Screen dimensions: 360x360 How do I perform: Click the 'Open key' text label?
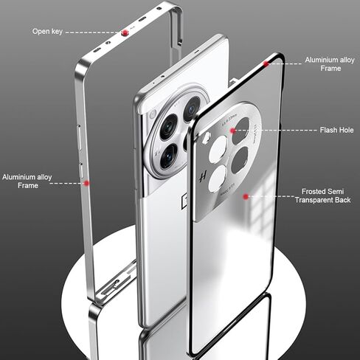(47, 32)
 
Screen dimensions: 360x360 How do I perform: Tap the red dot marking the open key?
(125, 32)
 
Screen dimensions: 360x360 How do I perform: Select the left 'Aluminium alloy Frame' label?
(27, 181)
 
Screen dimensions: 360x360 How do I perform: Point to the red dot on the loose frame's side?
(86, 183)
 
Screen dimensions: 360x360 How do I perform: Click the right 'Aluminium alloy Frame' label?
(330, 64)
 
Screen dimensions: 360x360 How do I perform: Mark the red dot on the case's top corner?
(266, 63)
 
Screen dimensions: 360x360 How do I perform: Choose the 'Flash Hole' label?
(336, 130)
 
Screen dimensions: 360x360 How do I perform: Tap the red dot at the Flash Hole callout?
(232, 131)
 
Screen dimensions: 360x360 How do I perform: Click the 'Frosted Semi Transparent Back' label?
(322, 195)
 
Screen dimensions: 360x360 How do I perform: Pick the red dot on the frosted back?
(246, 196)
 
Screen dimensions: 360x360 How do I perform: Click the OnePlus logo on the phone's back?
(184, 199)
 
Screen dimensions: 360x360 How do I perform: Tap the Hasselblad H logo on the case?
(203, 176)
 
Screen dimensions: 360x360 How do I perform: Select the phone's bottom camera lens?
(168, 156)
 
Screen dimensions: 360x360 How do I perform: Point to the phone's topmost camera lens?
(192, 109)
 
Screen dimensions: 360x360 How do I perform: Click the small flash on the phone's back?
(153, 114)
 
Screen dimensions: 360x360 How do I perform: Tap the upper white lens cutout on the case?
(218, 149)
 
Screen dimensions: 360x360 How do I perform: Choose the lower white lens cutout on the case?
(218, 179)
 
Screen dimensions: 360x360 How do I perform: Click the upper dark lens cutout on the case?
(241, 131)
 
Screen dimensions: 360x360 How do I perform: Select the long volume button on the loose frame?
(80, 137)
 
